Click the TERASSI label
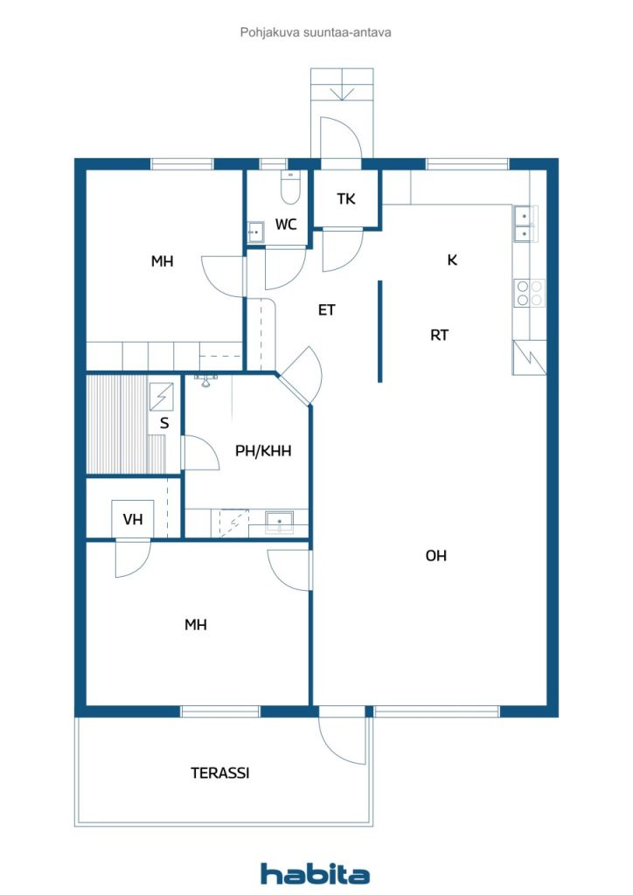coord(220,773)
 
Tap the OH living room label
coord(436,555)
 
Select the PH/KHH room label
coord(263,451)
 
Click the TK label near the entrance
coord(346,199)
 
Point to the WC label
coord(286,225)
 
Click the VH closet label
coord(132,520)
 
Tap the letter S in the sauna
coord(163,424)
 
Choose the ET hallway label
coord(327,309)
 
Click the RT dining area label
coord(439,334)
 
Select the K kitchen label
coord(452,260)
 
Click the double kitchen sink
coord(522,224)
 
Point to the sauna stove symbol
coord(162,397)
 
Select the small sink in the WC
coord(256,232)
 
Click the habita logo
coord(315,874)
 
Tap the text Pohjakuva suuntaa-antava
coord(316,32)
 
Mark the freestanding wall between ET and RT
coord(379,331)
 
